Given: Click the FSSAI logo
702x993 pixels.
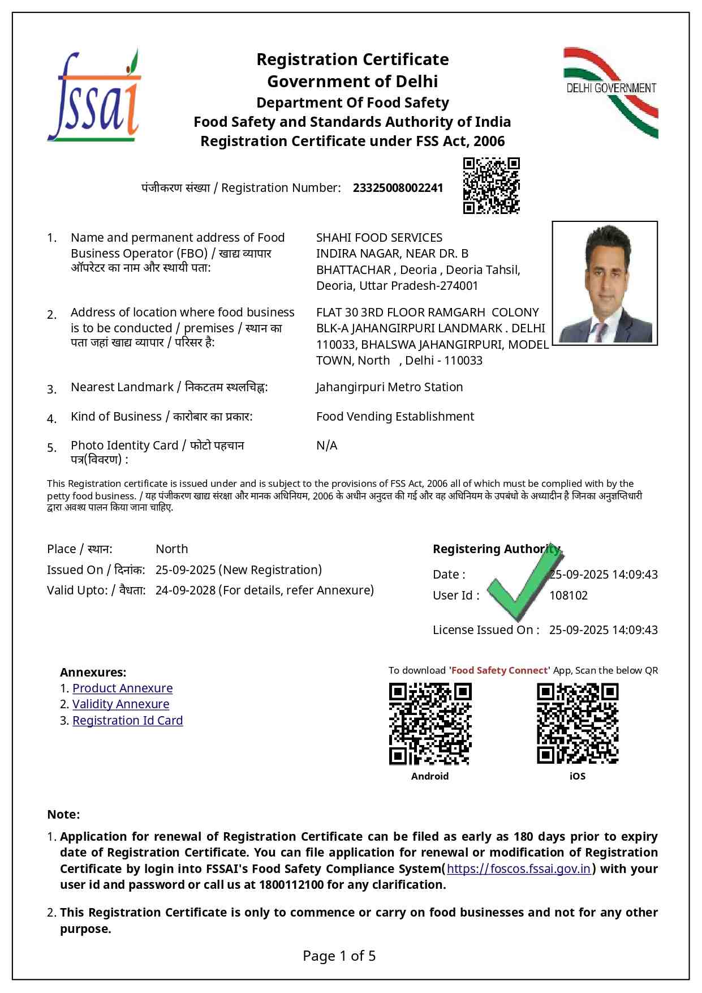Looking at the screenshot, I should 94,96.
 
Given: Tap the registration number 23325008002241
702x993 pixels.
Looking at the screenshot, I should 398,188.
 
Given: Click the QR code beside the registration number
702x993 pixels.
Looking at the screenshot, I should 491,186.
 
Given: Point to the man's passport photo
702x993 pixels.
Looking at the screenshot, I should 604,283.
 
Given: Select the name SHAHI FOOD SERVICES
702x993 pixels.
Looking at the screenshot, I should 379,238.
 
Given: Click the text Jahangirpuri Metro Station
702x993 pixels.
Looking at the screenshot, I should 389,387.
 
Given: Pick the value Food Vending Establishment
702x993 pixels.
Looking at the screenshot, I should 395,417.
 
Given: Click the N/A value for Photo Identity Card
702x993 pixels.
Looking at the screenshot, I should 326,446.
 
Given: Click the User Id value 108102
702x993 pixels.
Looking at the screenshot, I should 568,596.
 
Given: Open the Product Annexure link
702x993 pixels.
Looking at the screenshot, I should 122,688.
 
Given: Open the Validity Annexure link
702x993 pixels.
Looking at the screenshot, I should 120,704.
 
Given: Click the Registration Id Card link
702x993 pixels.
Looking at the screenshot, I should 127,721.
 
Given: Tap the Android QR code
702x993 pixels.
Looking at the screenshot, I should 430,724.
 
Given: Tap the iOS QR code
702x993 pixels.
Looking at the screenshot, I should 577,724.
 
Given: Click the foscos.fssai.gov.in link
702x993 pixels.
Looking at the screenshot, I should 518,869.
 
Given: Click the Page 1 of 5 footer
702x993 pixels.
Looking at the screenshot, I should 339,956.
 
